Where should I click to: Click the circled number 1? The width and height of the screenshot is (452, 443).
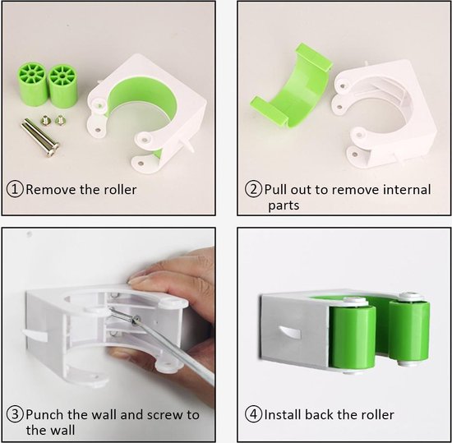pyautogui.click(x=15, y=189)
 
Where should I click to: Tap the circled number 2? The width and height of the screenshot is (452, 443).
pyautogui.click(x=253, y=189)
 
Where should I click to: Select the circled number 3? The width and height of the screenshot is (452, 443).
pyautogui.click(x=15, y=414)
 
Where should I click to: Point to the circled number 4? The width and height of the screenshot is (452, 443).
pyautogui.click(x=253, y=414)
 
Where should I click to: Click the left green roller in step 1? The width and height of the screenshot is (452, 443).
pyautogui.click(x=32, y=84)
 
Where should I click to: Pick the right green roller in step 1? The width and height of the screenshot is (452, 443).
pyautogui.click(x=62, y=86)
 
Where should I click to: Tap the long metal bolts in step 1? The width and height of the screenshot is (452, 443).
pyautogui.click(x=39, y=137)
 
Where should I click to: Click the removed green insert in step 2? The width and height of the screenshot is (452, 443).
pyautogui.click(x=291, y=86)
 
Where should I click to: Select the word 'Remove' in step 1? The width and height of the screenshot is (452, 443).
pyautogui.click(x=51, y=190)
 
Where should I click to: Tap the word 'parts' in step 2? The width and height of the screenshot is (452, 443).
pyautogui.click(x=284, y=205)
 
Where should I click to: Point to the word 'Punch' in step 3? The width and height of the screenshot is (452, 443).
pyautogui.click(x=45, y=414)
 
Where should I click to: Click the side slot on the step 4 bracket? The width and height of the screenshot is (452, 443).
pyautogui.click(x=289, y=332)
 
